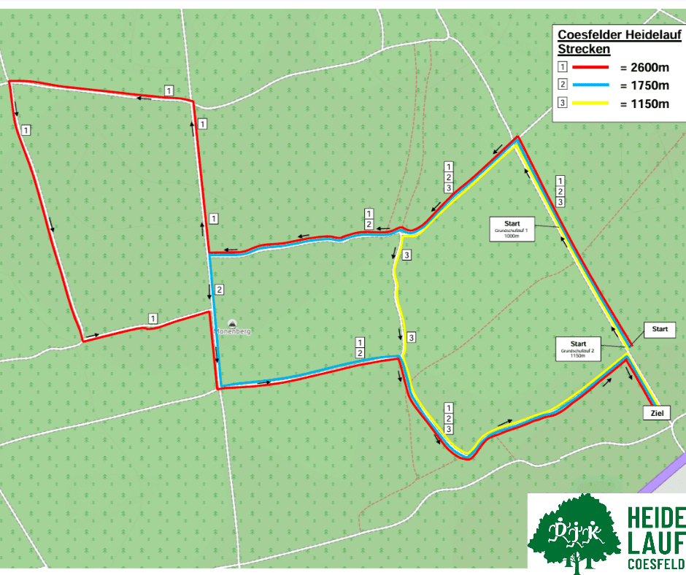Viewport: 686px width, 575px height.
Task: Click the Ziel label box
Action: point(655,413)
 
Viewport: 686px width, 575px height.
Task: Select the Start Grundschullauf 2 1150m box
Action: point(579,348)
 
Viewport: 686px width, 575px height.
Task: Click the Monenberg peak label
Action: point(233,331)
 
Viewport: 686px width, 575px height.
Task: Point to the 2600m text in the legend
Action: point(644,67)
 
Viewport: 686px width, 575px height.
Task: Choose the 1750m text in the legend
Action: point(644,85)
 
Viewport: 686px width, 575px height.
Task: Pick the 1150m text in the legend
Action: point(644,104)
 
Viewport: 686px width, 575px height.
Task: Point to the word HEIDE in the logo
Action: point(656,519)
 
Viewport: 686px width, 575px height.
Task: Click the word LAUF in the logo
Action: point(656,543)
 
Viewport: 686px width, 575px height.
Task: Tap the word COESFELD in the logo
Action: point(656,564)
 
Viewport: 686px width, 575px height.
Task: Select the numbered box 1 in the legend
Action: point(562,66)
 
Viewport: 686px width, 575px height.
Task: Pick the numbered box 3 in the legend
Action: point(562,103)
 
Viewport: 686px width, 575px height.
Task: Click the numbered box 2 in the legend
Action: point(562,85)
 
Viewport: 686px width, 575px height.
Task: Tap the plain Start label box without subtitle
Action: point(660,329)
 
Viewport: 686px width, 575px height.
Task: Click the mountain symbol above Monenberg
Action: point(232,323)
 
